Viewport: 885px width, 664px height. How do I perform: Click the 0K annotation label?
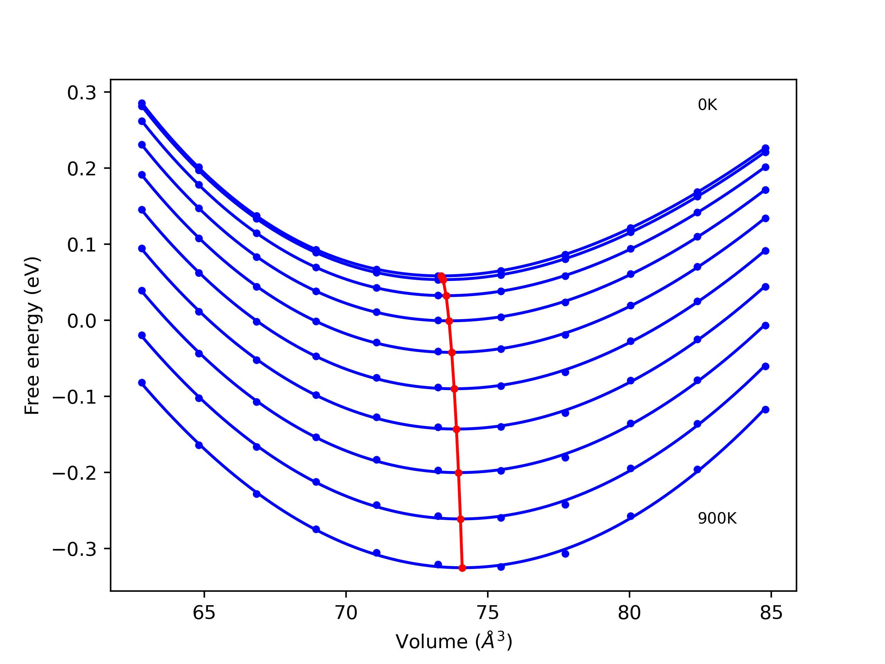pyautogui.click(x=707, y=105)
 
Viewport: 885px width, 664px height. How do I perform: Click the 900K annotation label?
pyautogui.click(x=717, y=518)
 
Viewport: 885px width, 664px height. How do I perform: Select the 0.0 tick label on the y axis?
pyautogui.click(x=82, y=321)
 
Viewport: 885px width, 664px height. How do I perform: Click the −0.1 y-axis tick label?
pyautogui.click(x=74, y=397)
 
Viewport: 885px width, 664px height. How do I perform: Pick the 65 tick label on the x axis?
pyautogui.click(x=204, y=613)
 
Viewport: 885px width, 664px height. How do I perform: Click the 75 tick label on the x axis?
pyautogui.click(x=488, y=613)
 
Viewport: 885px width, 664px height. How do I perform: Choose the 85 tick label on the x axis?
pyautogui.click(x=771, y=613)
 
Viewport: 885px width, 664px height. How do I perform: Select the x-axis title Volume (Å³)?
pyautogui.click(x=454, y=642)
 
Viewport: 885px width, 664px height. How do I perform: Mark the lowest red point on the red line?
pyautogui.click(x=462, y=568)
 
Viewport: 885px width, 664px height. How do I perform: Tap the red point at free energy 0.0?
pyautogui.click(x=449, y=321)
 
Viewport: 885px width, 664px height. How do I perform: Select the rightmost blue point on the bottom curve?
pyautogui.click(x=765, y=409)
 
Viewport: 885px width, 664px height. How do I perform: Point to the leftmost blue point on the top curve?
pyautogui.click(x=142, y=103)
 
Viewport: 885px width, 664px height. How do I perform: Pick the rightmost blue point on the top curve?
pyautogui.click(x=765, y=148)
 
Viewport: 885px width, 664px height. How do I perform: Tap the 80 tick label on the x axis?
pyautogui.click(x=629, y=613)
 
